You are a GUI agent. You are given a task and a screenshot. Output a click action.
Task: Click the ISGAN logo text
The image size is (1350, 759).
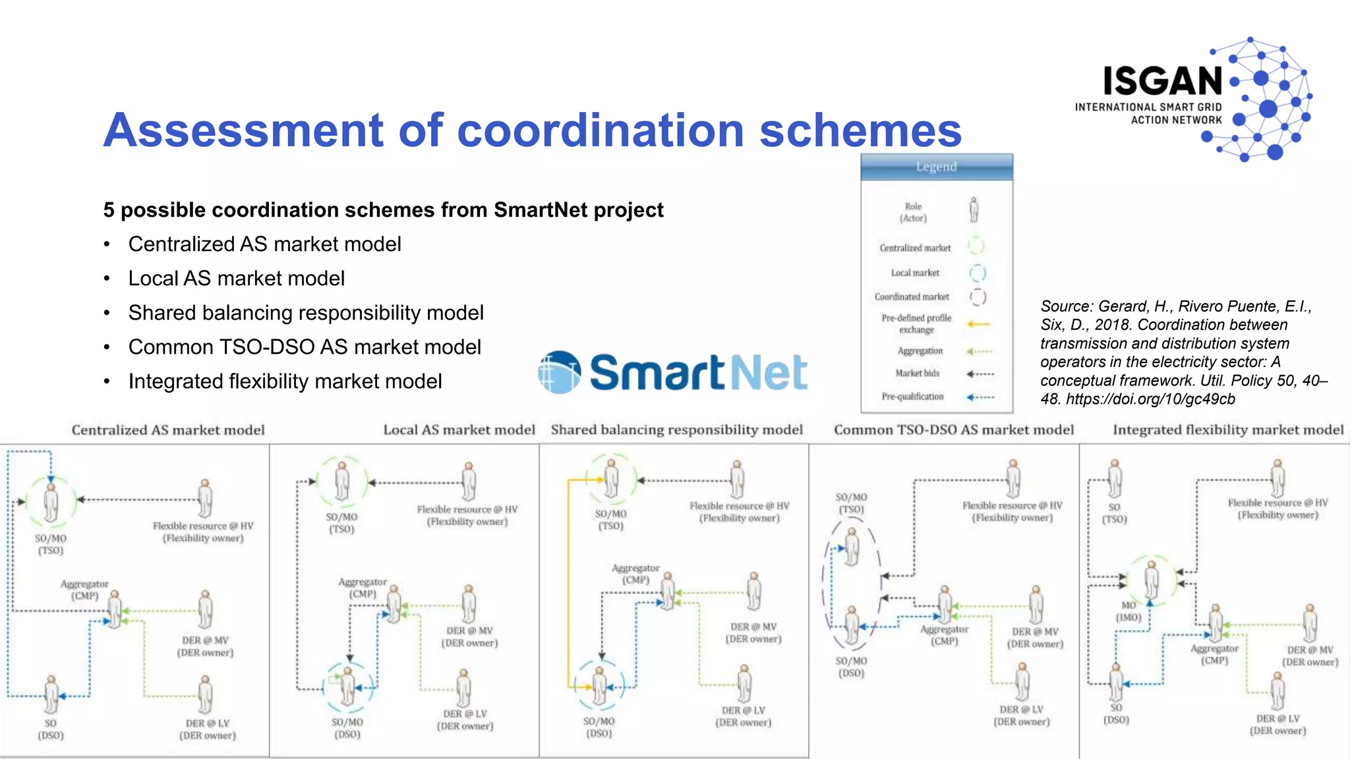[x=1162, y=82]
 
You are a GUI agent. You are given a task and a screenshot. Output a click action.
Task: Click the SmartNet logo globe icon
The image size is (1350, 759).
[x=559, y=372]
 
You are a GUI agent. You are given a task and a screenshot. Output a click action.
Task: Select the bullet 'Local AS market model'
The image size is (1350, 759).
[x=236, y=279]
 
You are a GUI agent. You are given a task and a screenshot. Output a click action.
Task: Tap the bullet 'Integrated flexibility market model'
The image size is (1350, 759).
[x=285, y=381]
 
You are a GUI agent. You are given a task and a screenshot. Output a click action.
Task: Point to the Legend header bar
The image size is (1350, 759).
[x=936, y=167]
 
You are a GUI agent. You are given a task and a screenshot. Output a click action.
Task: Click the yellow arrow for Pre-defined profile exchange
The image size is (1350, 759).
[x=979, y=323]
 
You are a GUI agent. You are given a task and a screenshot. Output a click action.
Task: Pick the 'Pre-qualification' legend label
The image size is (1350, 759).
[x=912, y=397]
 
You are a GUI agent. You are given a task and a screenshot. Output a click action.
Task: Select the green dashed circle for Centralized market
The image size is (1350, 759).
[x=976, y=246]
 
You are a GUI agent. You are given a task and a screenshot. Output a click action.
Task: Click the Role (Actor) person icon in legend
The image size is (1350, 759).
[x=974, y=210]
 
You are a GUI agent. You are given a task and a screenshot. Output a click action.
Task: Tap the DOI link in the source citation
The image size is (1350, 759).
[x=1150, y=399]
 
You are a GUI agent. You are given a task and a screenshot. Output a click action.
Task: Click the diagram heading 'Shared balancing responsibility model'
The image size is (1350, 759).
[x=676, y=430]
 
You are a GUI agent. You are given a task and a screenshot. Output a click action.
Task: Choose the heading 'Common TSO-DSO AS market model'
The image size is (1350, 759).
[x=953, y=430]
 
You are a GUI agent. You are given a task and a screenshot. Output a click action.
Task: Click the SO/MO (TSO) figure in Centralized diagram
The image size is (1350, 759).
[x=51, y=503]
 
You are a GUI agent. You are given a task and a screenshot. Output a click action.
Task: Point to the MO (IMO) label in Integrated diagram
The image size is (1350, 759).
[x=1129, y=611]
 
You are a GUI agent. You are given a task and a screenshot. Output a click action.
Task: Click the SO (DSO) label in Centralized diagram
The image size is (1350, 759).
[x=51, y=729]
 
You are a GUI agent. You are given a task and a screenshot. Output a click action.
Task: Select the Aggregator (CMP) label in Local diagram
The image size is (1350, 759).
[x=362, y=588]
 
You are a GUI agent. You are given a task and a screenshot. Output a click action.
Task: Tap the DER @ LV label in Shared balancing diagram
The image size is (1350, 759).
[x=743, y=716]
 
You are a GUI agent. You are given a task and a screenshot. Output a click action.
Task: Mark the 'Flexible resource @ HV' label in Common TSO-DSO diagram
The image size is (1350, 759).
[x=1012, y=511]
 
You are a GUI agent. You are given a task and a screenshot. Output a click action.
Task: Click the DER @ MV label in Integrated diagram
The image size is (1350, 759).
[x=1310, y=656]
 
